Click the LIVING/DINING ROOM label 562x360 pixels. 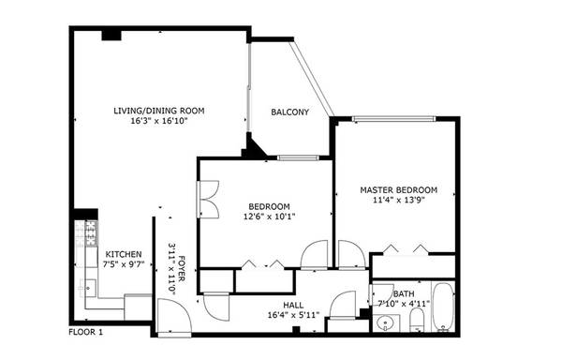(x=159, y=111)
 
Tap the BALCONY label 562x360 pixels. (x=290, y=112)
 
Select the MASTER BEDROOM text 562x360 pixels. (x=399, y=190)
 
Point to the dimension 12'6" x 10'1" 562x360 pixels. (x=269, y=217)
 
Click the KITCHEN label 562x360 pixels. (x=124, y=254)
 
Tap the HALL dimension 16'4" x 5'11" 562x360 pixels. (x=293, y=315)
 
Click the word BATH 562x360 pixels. (x=404, y=294)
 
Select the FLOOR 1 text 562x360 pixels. (x=85, y=333)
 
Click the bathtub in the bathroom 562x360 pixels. (x=444, y=307)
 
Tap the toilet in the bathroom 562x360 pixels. (x=417, y=321)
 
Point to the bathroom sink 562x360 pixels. (x=386, y=323)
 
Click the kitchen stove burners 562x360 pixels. (x=92, y=233)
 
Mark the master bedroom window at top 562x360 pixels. (x=393, y=119)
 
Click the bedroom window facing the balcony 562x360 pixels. (x=298, y=157)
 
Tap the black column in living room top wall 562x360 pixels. (x=111, y=36)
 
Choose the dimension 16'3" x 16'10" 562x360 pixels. (x=159, y=121)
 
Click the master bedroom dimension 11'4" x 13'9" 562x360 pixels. (x=399, y=200)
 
